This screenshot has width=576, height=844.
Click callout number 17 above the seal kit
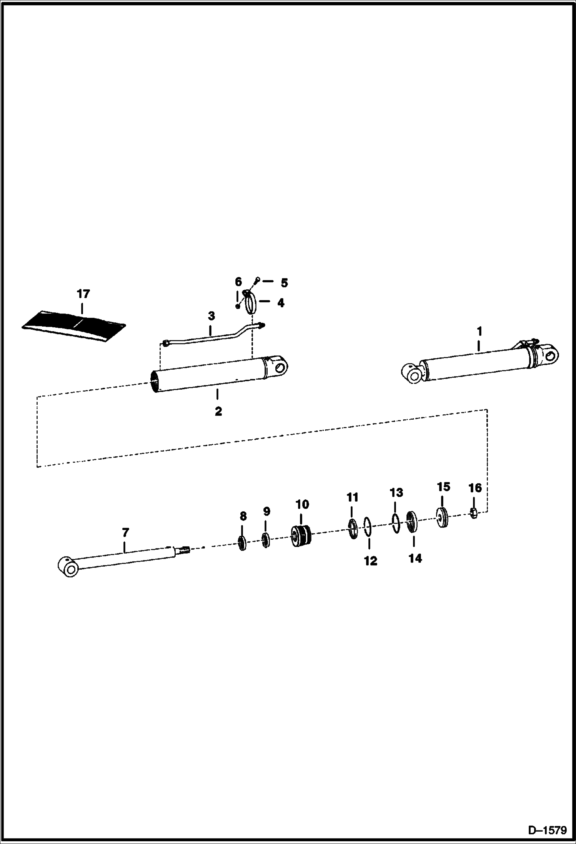(83, 294)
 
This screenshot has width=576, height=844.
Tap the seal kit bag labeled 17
(73, 320)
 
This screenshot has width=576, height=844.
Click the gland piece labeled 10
(301, 535)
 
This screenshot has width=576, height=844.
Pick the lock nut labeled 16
(474, 513)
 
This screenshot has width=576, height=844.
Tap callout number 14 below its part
(415, 558)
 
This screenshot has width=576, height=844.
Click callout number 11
(352, 497)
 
